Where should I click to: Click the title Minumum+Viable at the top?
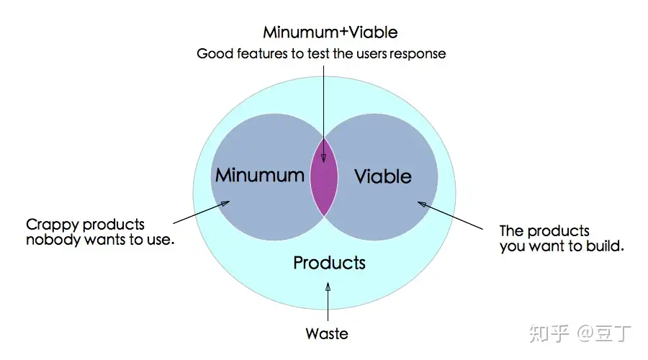[330, 32]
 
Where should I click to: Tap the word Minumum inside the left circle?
[260, 175]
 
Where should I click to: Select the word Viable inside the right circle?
[383, 176]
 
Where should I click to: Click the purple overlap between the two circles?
[324, 177]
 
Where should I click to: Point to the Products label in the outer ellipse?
[329, 263]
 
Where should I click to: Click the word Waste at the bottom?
[327, 333]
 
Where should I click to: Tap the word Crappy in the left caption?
[53, 225]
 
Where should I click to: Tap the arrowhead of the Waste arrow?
[328, 286]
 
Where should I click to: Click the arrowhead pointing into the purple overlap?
[323, 158]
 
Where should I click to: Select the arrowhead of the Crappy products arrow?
[225, 203]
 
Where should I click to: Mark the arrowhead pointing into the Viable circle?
[422, 204]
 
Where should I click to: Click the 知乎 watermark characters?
[549, 333]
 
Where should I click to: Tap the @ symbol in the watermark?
[585, 333]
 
